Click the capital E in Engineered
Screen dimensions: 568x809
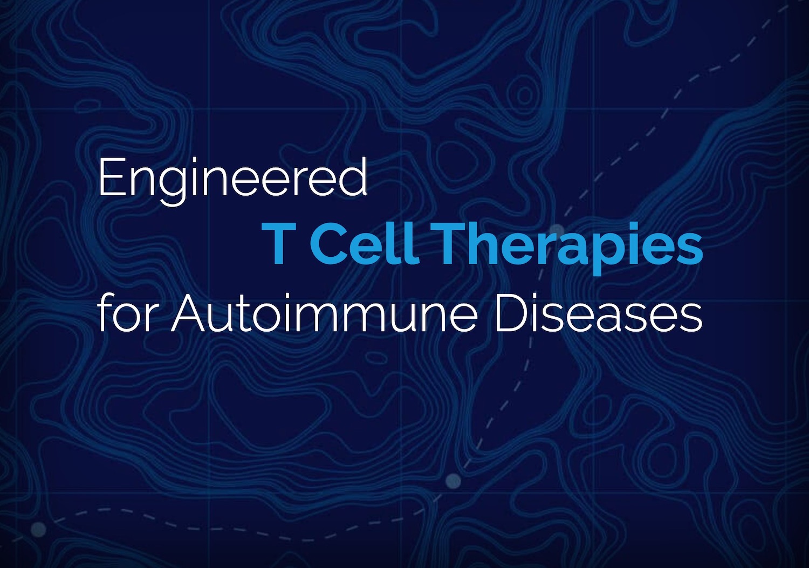[x=111, y=178]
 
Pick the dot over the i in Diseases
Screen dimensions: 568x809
[x=540, y=297]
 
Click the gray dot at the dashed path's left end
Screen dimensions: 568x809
[x=38, y=529]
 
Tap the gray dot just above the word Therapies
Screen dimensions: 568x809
[x=557, y=230]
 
